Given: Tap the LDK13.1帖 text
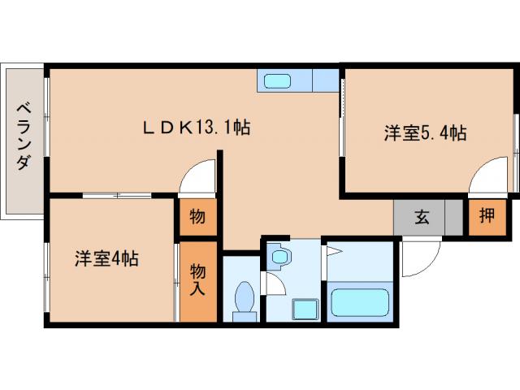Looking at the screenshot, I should pyautogui.click(x=196, y=127).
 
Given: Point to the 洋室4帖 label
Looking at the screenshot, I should pyautogui.click(x=106, y=260).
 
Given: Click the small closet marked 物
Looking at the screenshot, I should pyautogui.click(x=197, y=218).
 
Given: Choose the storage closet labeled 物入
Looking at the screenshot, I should pyautogui.click(x=198, y=279).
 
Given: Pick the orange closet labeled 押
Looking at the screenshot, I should pyautogui.click(x=486, y=217).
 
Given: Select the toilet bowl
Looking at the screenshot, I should pyautogui.click(x=243, y=298).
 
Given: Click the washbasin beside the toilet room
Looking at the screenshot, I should pyautogui.click(x=279, y=257).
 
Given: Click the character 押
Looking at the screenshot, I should pyautogui.click(x=486, y=217).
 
